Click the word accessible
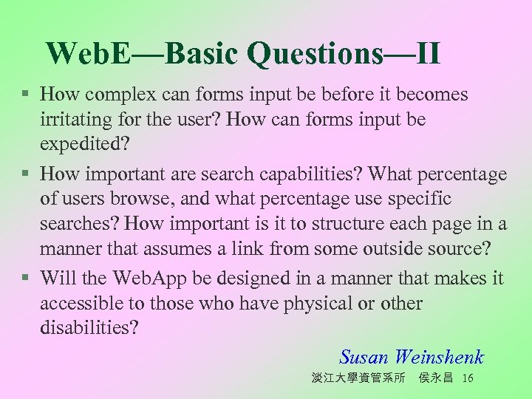click(x=83, y=303)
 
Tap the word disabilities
click(x=88, y=328)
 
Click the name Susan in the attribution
click(x=364, y=357)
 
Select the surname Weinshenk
click(x=439, y=357)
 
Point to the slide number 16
click(x=466, y=378)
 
